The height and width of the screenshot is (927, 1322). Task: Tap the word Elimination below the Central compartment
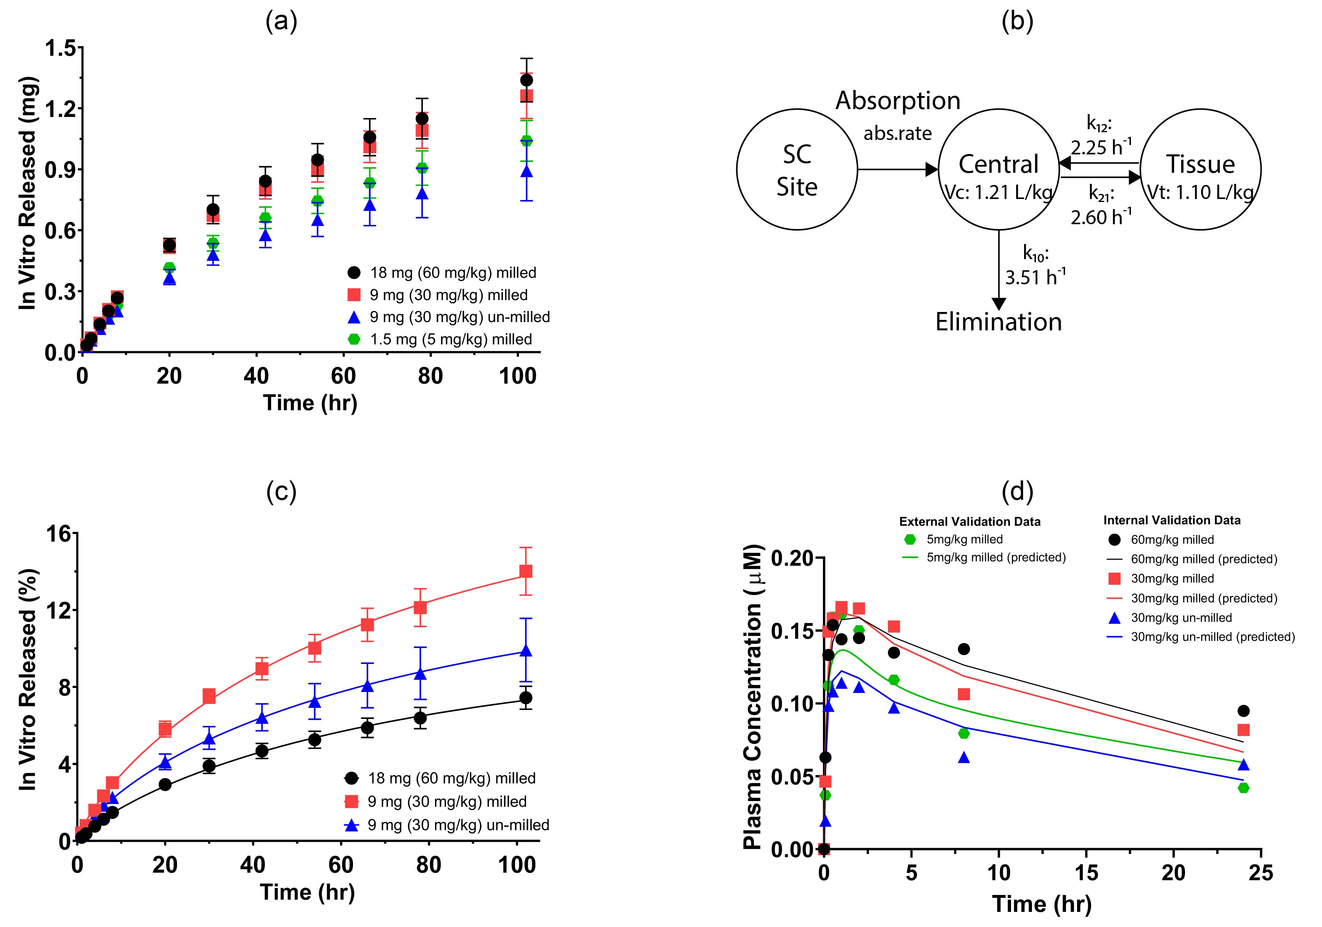coord(999,322)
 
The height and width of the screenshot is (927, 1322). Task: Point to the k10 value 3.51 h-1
coord(1035,277)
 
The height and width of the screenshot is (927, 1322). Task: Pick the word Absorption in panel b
coord(898,101)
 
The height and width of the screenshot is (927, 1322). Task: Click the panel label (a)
coord(281,22)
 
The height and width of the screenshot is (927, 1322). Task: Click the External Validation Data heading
coord(970,522)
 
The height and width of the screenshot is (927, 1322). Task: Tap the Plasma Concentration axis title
coord(752,697)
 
